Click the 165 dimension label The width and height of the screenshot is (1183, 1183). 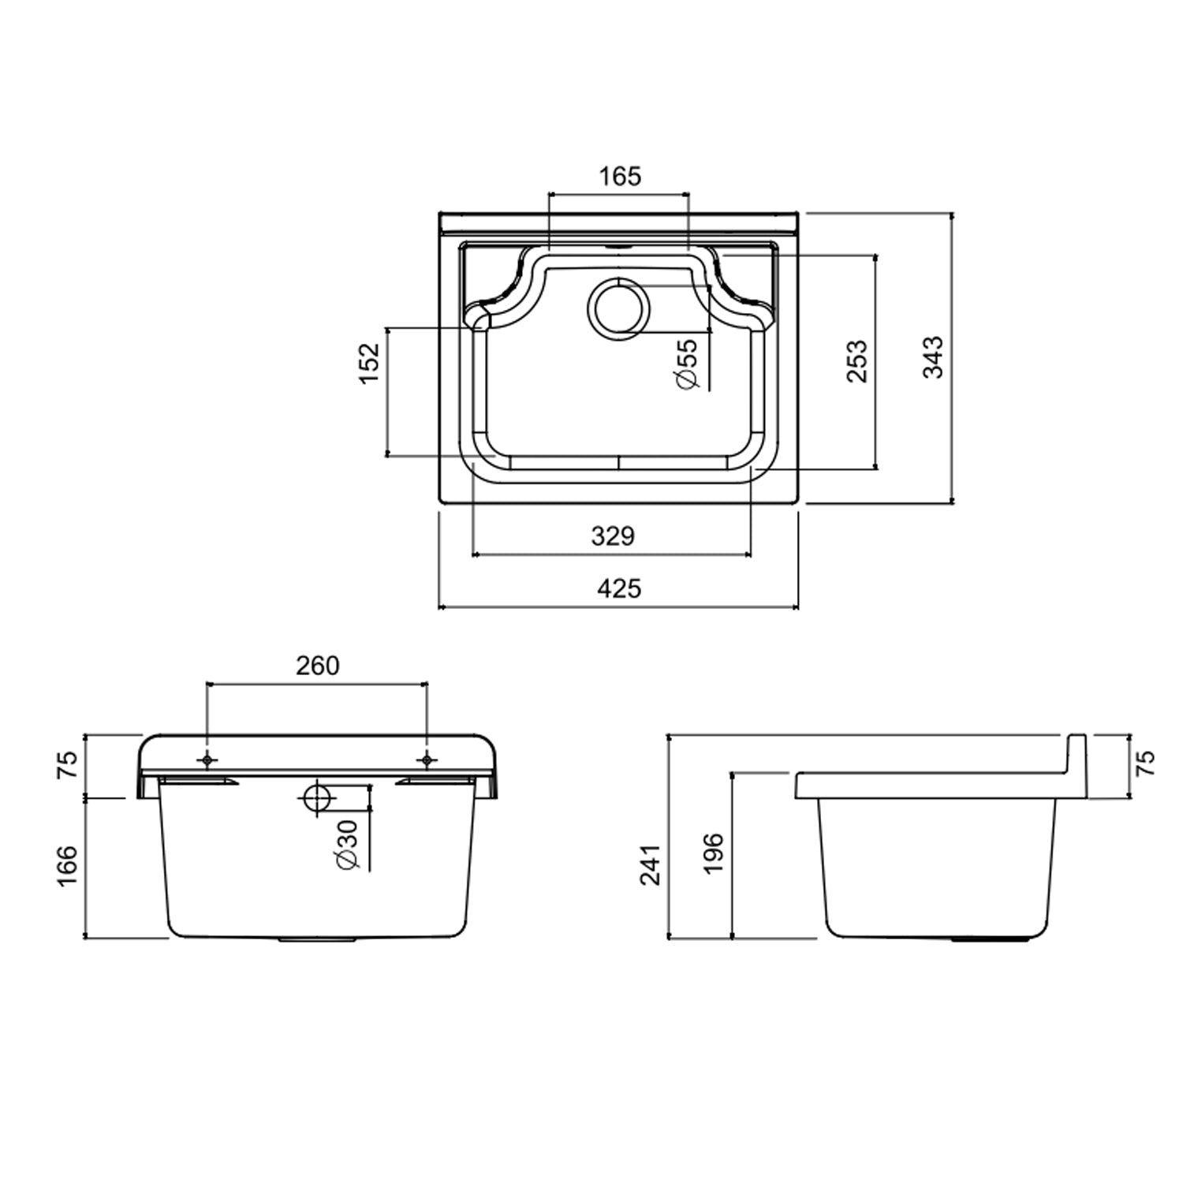[x=620, y=176]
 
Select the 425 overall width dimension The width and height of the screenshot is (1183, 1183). [x=619, y=588]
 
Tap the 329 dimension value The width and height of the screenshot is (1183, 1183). [x=613, y=536]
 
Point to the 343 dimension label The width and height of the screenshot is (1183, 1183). [x=933, y=357]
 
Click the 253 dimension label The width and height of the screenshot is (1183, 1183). [x=856, y=361]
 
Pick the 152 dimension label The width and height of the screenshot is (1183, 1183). [x=369, y=364]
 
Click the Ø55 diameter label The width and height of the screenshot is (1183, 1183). [x=686, y=364]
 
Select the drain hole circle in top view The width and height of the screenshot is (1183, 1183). [x=619, y=308]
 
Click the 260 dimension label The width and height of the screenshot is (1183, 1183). [x=317, y=666]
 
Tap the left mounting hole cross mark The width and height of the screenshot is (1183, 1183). [x=207, y=760]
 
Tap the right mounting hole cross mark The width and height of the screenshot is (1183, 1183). [x=427, y=760]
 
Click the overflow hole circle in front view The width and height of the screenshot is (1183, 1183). [x=317, y=798]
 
